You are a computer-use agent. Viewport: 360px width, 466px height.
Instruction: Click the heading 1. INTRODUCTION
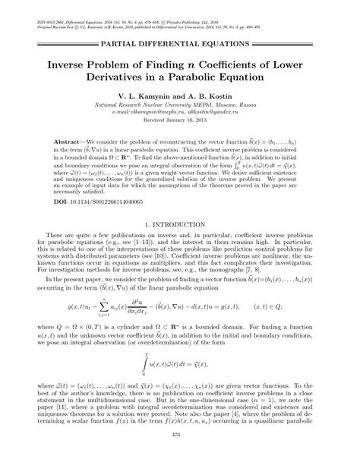click(x=180, y=248)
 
